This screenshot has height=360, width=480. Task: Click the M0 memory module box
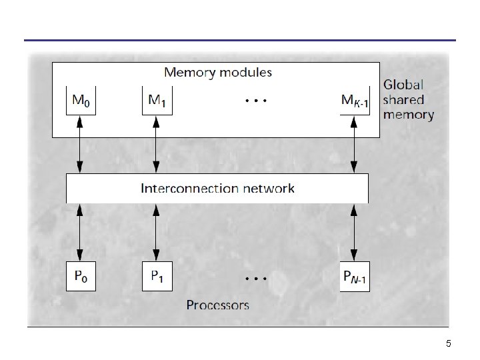click(x=81, y=101)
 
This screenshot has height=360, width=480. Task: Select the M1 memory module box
click(x=157, y=101)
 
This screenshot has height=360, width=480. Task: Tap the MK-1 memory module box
click(x=355, y=101)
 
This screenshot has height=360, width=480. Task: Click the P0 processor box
click(x=81, y=276)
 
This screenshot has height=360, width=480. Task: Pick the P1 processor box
click(x=157, y=276)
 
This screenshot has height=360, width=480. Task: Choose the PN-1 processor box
click(x=355, y=276)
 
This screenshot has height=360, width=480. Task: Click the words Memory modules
click(x=218, y=73)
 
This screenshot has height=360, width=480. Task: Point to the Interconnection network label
click(x=217, y=188)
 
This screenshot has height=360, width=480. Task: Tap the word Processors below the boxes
click(x=217, y=305)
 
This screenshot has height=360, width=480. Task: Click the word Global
click(x=403, y=85)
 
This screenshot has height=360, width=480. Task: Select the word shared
click(x=403, y=99)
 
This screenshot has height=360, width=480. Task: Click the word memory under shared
click(x=409, y=115)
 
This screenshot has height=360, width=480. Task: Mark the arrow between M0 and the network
click(x=79, y=145)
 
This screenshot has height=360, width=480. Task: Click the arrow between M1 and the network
click(x=156, y=145)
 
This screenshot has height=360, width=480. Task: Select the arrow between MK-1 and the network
click(x=354, y=145)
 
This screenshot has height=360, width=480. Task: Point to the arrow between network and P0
click(x=79, y=233)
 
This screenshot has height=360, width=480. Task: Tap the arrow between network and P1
click(x=156, y=233)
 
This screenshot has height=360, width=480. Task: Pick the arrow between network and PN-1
click(x=354, y=233)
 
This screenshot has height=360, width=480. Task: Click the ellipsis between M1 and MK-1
click(x=256, y=101)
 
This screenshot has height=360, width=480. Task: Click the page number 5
click(x=449, y=343)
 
